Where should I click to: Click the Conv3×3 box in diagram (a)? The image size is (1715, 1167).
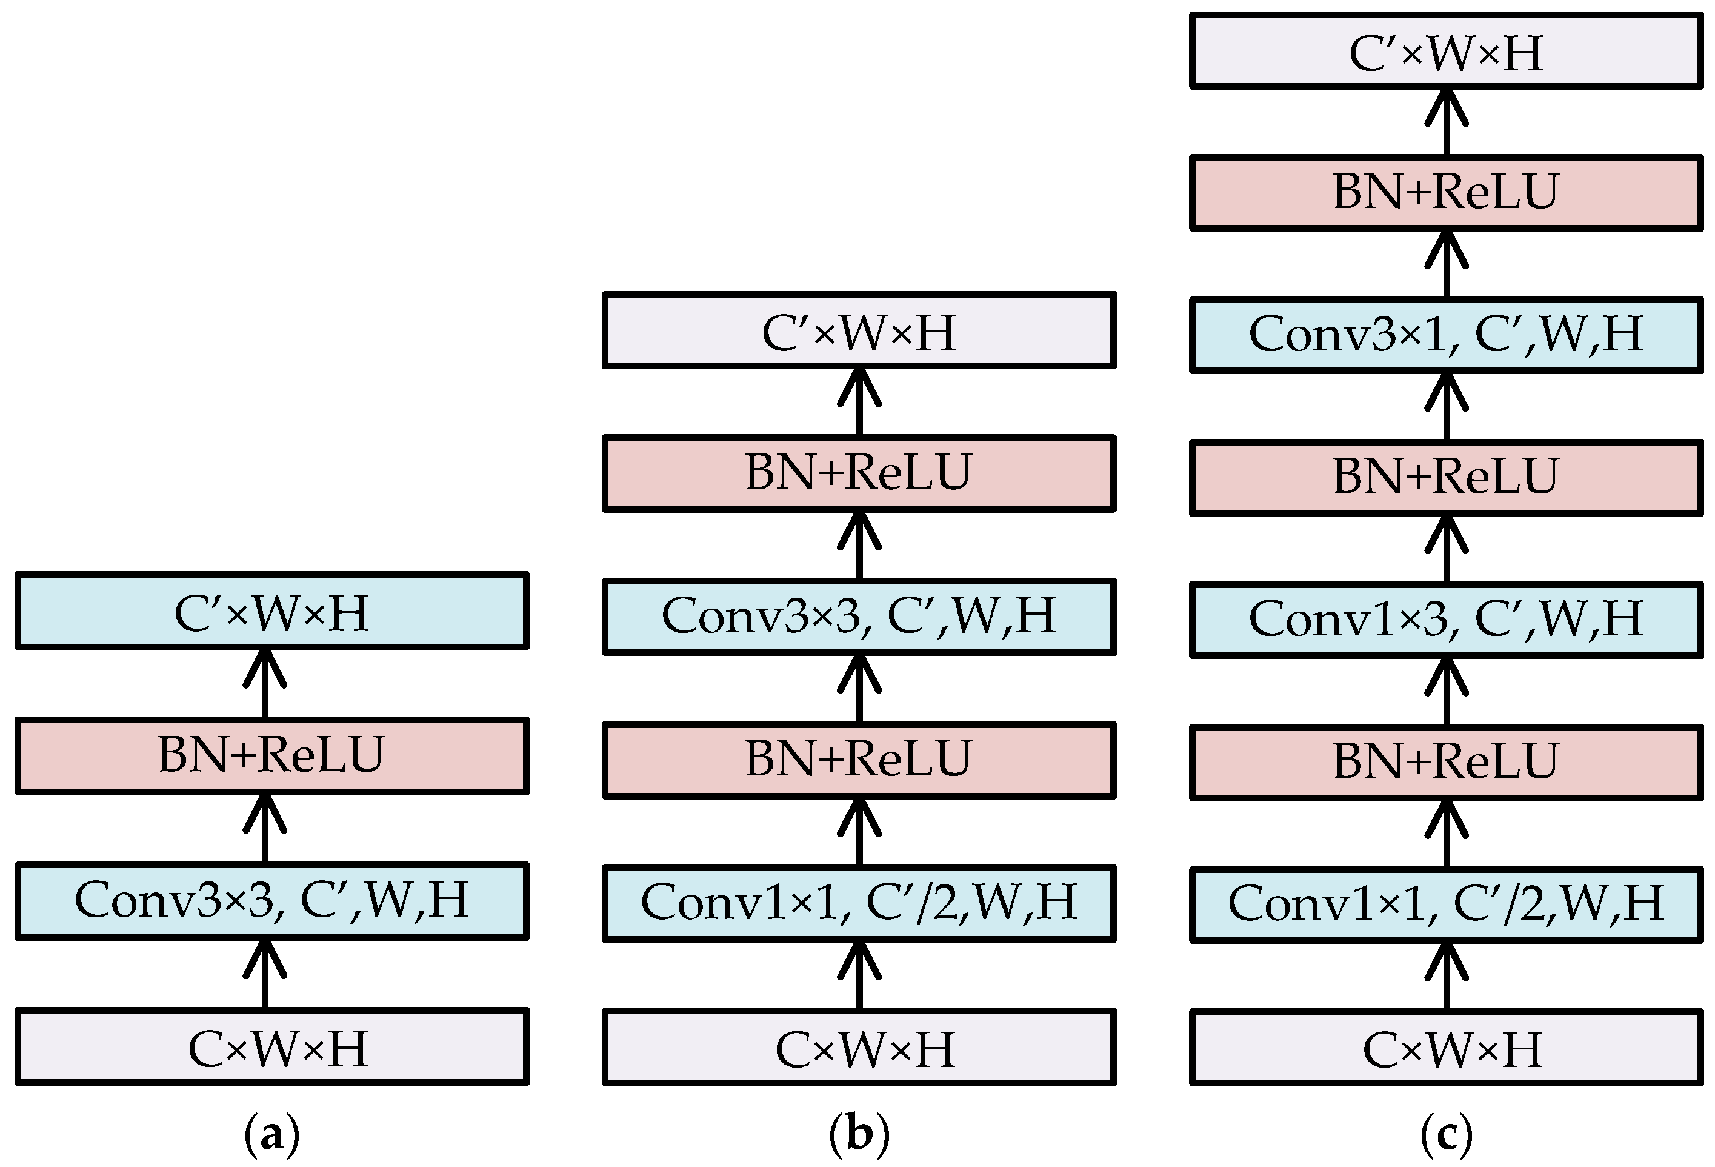tap(271, 900)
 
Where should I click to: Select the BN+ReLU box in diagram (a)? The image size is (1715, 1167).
tap(271, 755)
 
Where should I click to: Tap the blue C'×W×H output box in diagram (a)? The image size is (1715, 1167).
tap(271, 611)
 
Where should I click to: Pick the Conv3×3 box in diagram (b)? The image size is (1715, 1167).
tap(859, 617)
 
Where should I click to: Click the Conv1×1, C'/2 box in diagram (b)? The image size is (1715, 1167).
tap(859, 903)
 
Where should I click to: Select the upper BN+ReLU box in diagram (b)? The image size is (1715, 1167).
tap(859, 472)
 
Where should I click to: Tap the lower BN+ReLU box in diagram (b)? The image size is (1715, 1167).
tap(859, 760)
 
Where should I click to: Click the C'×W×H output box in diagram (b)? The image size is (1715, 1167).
tap(859, 330)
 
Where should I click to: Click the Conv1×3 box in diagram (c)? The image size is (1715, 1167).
tap(1446, 618)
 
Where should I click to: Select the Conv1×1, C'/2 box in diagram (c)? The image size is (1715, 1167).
tap(1446, 903)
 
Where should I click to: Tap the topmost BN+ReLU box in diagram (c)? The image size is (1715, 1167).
tap(1446, 192)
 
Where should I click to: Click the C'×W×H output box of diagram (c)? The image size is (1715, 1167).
tap(1446, 52)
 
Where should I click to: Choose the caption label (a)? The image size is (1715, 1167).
tap(271, 1134)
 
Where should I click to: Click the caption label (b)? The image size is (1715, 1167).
tap(859, 1134)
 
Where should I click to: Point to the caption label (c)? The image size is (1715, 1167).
tap(1446, 1134)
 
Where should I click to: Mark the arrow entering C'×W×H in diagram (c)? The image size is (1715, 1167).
tap(1446, 122)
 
